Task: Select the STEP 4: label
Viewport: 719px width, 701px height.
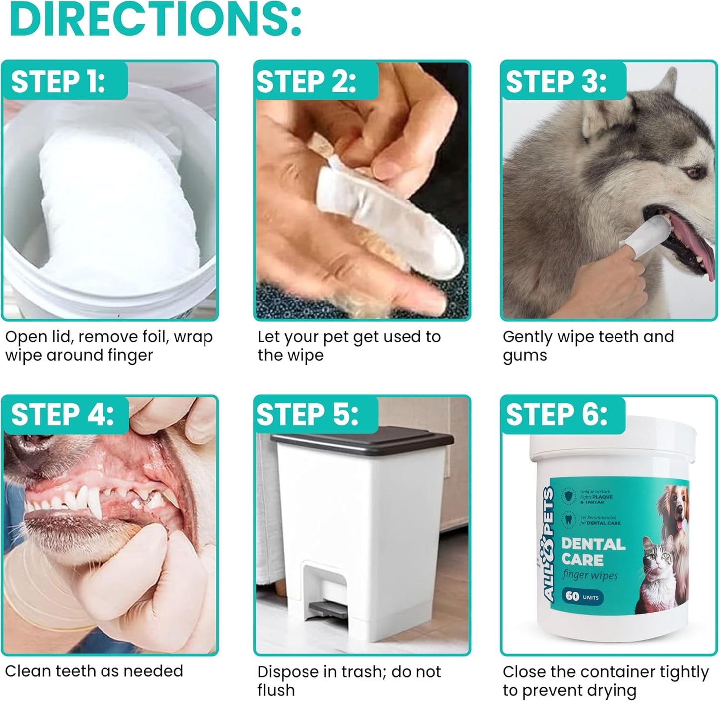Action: coord(62,415)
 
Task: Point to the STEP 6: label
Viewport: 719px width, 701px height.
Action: coord(556,415)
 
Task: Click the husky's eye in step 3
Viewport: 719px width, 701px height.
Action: coord(691,172)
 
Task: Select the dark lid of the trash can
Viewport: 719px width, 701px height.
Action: coord(362,438)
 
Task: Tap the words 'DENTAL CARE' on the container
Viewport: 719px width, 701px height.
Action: coord(593,552)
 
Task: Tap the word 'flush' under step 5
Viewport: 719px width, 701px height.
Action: coord(276,690)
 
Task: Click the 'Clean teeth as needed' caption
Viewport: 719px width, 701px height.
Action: coord(94,671)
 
